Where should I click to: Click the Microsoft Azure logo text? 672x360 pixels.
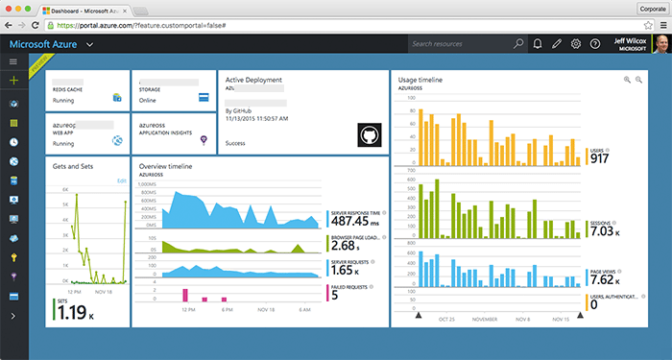(x=44, y=44)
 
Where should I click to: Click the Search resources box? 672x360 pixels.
(x=461, y=44)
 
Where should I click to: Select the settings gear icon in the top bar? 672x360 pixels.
(x=575, y=44)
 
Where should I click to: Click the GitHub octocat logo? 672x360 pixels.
(x=370, y=134)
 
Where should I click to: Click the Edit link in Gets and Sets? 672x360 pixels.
(x=121, y=180)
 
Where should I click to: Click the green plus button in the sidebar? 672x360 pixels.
(x=13, y=81)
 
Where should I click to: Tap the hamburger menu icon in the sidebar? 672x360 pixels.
(x=13, y=61)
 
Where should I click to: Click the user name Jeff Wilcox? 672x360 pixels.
(x=627, y=39)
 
